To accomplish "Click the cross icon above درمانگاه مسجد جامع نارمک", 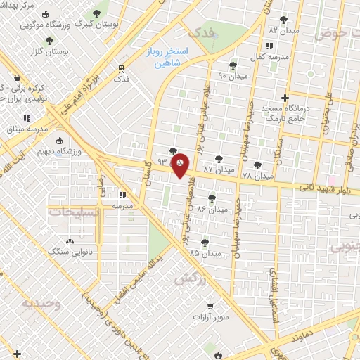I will [285, 98].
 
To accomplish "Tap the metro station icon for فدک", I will [122, 69].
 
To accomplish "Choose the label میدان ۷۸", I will [257, 175].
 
